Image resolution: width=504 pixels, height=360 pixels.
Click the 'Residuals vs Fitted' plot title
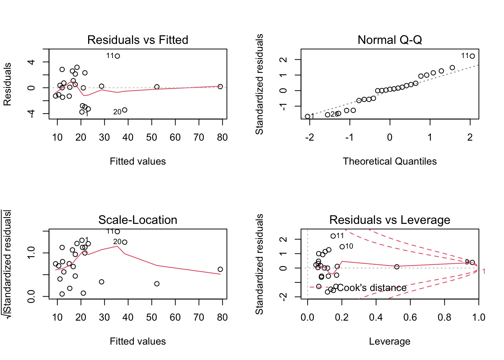138,40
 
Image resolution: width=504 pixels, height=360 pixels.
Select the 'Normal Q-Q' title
390,40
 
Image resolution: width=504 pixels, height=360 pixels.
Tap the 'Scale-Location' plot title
138,220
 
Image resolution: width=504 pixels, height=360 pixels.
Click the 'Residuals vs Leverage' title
390,220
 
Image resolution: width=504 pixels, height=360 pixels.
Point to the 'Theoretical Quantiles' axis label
390,161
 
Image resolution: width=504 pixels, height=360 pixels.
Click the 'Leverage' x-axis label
390,341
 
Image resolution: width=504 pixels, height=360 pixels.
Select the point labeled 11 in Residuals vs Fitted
117,56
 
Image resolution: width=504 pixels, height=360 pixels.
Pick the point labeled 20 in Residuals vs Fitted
124,110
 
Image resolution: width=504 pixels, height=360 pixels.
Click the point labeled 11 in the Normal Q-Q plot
472,56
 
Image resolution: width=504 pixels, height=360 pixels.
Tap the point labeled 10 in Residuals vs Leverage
342,247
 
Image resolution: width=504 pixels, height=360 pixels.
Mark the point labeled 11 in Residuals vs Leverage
333,236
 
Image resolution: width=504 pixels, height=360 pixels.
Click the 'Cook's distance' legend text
372,288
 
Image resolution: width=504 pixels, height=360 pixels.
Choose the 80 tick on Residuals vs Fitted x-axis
222,138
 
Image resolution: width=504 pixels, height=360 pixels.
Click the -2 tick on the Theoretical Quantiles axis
309,138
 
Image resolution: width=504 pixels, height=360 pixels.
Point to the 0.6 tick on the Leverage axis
410,318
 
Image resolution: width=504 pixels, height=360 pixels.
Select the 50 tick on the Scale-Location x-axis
151,318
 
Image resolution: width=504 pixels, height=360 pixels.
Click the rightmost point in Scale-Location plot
220,269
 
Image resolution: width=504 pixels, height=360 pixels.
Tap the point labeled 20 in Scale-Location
124,242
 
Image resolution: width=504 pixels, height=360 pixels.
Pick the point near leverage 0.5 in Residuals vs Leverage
397,267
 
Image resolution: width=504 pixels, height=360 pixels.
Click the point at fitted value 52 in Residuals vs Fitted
157,87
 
